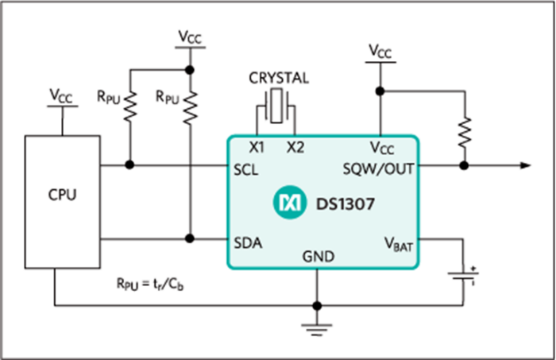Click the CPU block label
click(x=63, y=195)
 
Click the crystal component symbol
click(x=275, y=106)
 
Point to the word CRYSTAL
click(x=276, y=79)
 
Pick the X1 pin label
click(x=257, y=147)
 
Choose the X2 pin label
click(x=295, y=147)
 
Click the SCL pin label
click(x=245, y=168)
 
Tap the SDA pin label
click(x=246, y=240)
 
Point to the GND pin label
click(x=319, y=257)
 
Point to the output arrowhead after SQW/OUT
click(x=524, y=165)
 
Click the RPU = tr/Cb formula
click(x=157, y=281)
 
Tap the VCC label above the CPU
click(x=63, y=96)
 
